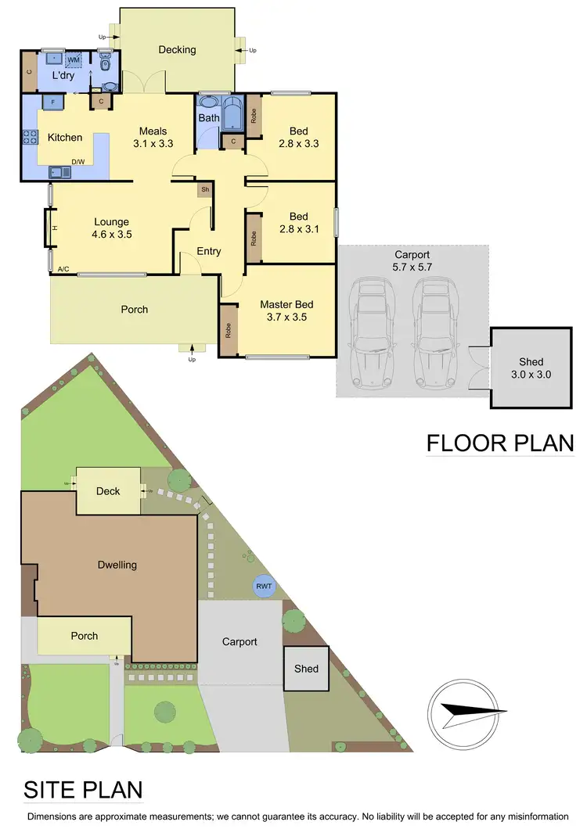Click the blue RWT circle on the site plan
pos(264,586)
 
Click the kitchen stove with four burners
pos(30,138)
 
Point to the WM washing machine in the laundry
pos(74,60)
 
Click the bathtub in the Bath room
pos(233,114)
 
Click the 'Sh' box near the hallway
pos(204,189)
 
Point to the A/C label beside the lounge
pos(63,269)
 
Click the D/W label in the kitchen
pos(78,162)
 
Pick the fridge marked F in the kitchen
pos(52,102)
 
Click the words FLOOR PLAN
pos(499,443)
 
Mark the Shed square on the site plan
pos(306,669)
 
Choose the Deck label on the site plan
pos(108,491)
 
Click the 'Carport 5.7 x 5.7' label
pos(413,260)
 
